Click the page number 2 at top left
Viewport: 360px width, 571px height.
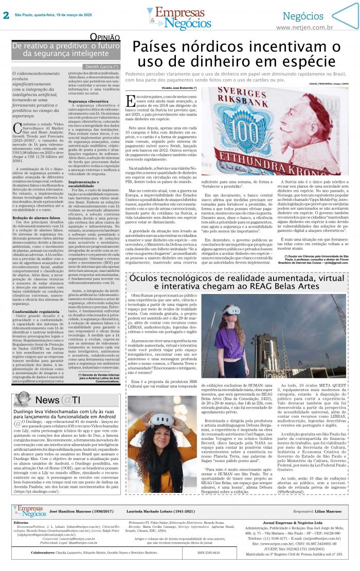click(x=6, y=15)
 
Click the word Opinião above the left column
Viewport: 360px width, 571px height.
click(x=105, y=37)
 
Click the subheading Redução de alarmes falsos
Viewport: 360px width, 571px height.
click(x=35, y=218)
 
